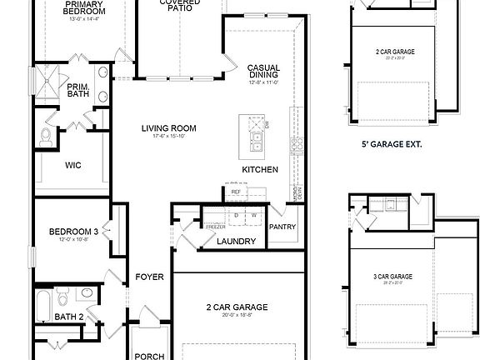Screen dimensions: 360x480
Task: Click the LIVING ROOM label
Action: [168, 127]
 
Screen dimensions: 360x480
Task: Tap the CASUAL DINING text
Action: [263, 72]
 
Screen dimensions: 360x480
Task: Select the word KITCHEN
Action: [259, 169]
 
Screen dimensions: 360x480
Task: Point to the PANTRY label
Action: [282, 227]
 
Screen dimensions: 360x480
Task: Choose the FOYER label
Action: [150, 277]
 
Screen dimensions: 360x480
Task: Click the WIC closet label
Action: [73, 165]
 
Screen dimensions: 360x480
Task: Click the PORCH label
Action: [149, 356]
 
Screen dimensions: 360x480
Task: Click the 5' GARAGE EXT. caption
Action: [391, 144]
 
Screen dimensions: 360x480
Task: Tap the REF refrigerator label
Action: [236, 192]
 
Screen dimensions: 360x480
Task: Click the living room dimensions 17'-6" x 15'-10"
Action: [168, 137]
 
